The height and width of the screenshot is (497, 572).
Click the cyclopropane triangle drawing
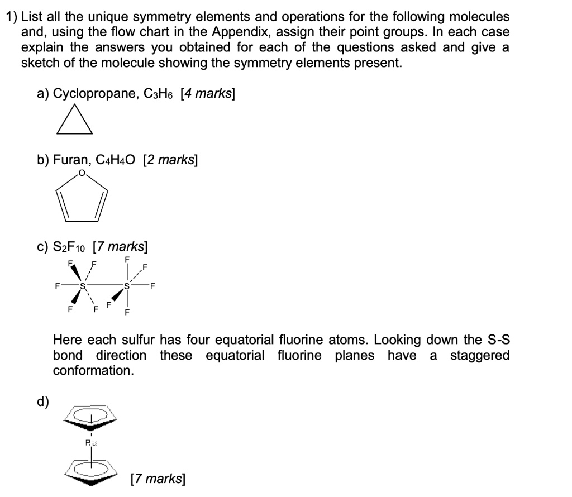[x=74, y=121]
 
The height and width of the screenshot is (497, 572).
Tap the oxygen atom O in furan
[x=82, y=173]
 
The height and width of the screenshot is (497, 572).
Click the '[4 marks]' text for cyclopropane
[x=207, y=94]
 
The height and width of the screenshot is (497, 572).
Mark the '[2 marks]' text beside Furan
[x=170, y=160]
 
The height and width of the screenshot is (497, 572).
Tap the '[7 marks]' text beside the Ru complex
[x=156, y=479]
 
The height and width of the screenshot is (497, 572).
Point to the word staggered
[x=479, y=355]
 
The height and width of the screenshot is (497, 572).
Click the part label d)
[x=43, y=400]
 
